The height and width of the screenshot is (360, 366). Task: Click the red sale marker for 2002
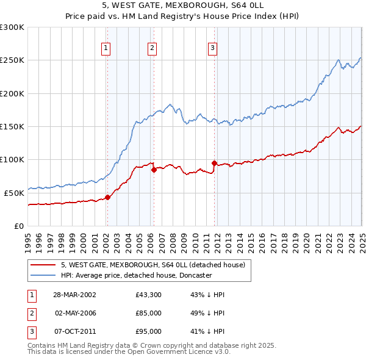tap(107, 197)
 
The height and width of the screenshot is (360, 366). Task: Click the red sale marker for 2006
tap(154, 170)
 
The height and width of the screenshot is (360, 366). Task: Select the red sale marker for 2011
tap(214, 163)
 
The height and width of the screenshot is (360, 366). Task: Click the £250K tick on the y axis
tap(12, 60)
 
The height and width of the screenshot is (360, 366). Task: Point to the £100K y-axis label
tap(12, 159)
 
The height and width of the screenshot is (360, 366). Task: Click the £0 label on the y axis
tap(18, 226)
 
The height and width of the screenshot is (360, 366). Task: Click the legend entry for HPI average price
tap(135, 275)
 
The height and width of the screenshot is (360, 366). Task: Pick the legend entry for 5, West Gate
tap(152, 265)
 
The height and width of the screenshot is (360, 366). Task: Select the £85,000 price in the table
tap(149, 313)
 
